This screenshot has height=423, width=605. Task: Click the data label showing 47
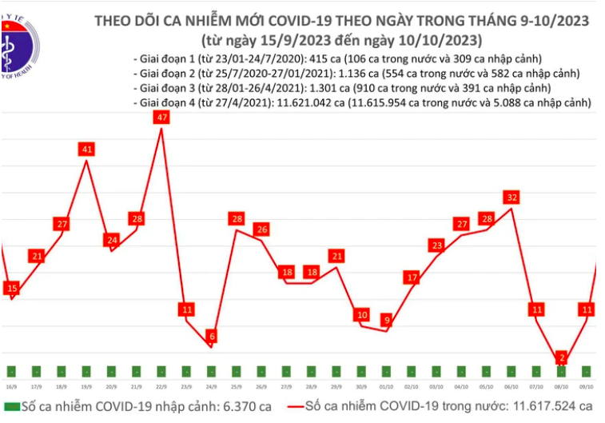[161, 118]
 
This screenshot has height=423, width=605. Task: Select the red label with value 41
[87, 150]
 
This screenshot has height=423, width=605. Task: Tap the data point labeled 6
[211, 337]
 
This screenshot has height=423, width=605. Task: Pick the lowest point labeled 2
[563, 357]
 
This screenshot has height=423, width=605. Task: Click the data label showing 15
[11, 288]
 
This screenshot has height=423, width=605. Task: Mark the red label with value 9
[387, 321]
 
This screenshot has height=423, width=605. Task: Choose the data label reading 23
[436, 245]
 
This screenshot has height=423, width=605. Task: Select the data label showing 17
[412, 277]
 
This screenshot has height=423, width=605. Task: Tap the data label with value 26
[261, 230]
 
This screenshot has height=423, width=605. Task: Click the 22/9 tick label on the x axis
[161, 385]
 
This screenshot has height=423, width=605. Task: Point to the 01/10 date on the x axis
[387, 385]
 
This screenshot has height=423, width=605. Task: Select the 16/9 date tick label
[11, 385]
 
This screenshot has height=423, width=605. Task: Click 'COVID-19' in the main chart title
[332, 21]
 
